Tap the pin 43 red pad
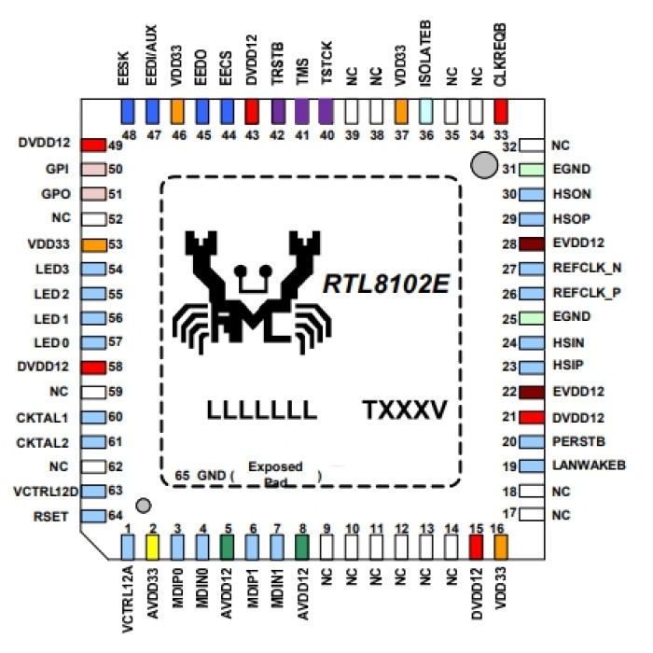point(251,112)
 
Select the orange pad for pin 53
point(92,245)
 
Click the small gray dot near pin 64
point(143,505)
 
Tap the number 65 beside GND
point(183,474)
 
